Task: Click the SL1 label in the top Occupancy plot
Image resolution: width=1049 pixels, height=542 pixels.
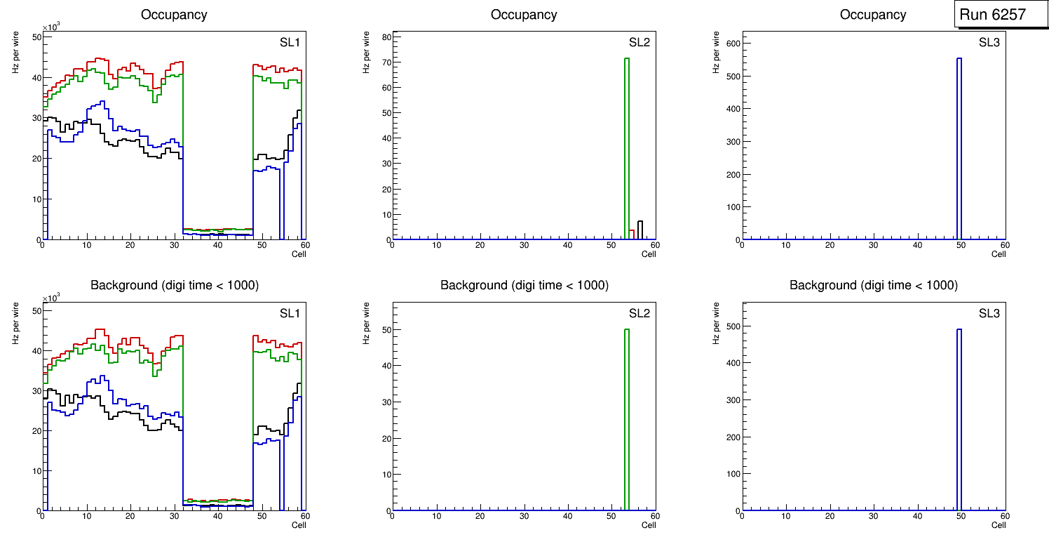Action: click(290, 43)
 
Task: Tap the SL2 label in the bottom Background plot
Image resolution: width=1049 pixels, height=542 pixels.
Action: click(639, 313)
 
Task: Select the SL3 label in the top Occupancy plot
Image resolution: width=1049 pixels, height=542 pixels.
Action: click(989, 43)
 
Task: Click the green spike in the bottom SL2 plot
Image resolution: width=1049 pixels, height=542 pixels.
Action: click(626, 414)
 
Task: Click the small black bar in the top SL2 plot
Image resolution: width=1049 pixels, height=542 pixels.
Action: click(639, 230)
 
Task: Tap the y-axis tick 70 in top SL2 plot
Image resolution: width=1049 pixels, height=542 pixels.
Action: click(385, 62)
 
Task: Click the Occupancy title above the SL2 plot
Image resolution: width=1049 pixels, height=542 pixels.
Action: click(524, 15)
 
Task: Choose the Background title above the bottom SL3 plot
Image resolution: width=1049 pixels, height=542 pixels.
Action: click(873, 285)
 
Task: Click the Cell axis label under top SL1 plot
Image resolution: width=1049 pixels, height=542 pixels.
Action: click(299, 254)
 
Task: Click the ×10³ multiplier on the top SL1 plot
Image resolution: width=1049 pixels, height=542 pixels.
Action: click(50, 27)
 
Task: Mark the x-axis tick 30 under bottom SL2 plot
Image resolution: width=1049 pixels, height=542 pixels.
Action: click(524, 517)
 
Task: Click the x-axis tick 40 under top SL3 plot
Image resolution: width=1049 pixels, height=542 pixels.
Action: click(917, 245)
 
